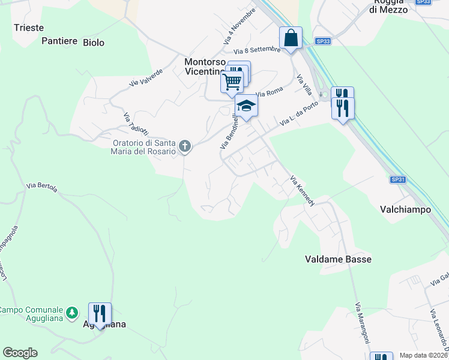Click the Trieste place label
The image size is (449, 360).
click(29, 28)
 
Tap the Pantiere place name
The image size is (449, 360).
click(59, 41)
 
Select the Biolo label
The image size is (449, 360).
click(94, 43)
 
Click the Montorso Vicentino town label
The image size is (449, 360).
click(205, 67)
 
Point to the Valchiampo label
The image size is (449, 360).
click(405, 210)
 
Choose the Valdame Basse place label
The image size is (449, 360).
click(338, 259)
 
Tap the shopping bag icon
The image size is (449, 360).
click(291, 38)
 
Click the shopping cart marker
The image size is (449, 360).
click(232, 81)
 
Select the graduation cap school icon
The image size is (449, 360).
click(246, 106)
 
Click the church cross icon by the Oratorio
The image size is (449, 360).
click(185, 145)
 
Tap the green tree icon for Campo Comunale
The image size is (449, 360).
click(71, 313)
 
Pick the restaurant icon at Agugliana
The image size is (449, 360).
click(100, 314)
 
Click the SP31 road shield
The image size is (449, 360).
click(397, 179)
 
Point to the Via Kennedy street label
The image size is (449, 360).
click(302, 191)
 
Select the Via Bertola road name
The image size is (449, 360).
click(42, 187)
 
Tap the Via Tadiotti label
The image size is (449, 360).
click(136, 124)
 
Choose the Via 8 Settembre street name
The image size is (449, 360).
click(257, 51)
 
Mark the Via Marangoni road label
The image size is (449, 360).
click(362, 323)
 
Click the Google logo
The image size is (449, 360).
click(20, 353)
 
